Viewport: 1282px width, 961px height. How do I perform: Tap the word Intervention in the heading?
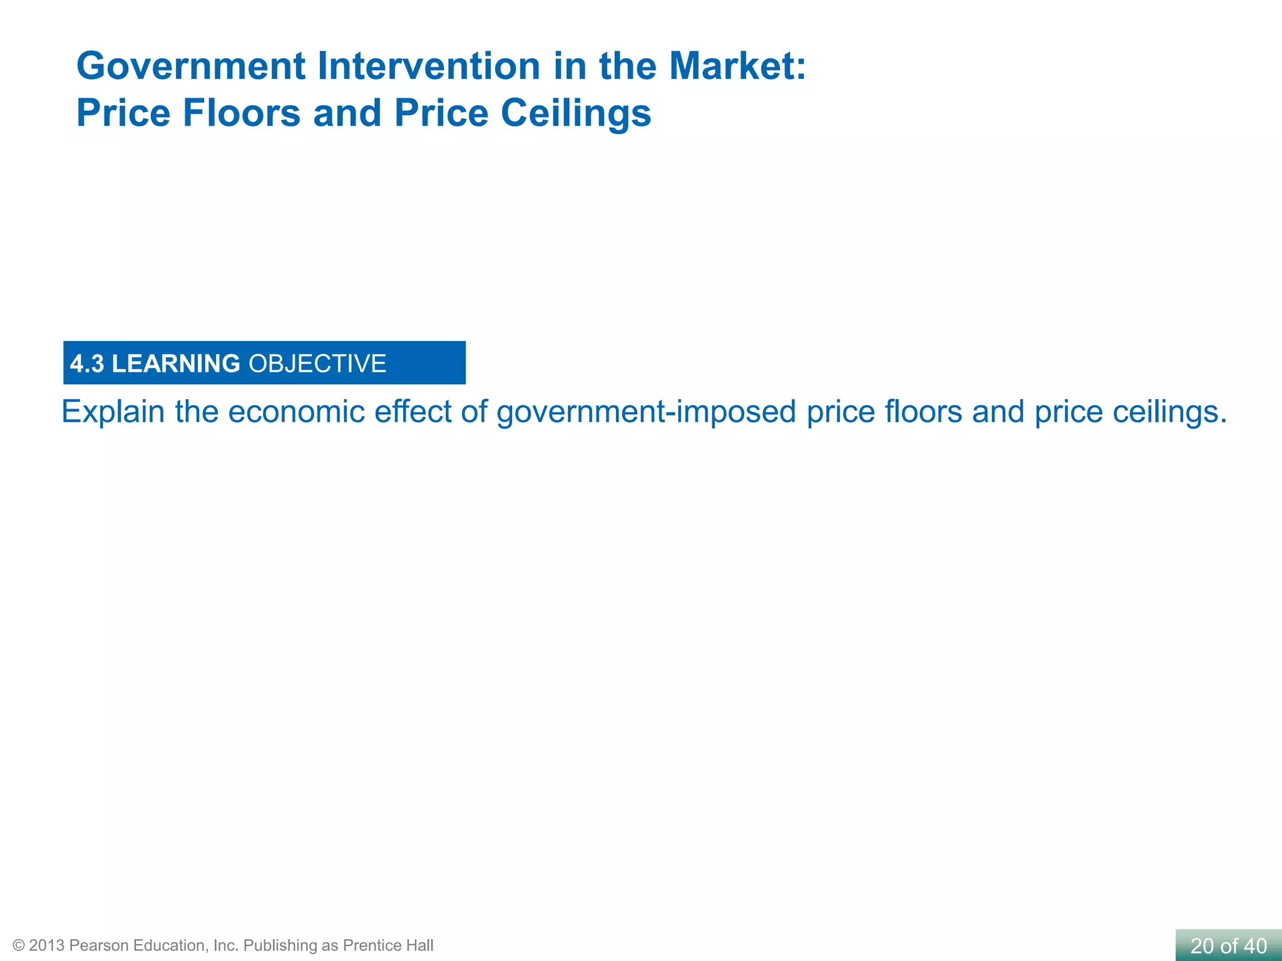coord(428,66)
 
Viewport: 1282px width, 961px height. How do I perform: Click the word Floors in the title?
coord(241,113)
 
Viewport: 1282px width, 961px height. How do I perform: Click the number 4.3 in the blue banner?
coord(87,364)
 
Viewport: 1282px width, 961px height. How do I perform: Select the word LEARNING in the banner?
coord(176,364)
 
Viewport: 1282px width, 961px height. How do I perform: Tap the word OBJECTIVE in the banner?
coord(317,364)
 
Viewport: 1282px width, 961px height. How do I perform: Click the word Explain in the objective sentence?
coord(113,412)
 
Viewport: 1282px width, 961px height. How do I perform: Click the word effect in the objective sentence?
coord(413,412)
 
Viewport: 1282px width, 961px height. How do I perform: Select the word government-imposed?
coord(646,412)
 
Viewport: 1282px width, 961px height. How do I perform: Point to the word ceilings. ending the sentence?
coord(1169,412)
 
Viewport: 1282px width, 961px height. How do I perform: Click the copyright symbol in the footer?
coord(18,945)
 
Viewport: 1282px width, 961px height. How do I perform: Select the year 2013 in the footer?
coord(46,945)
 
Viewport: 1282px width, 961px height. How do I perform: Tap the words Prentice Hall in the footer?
coord(388,945)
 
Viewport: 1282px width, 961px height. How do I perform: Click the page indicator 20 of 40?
coord(1228,946)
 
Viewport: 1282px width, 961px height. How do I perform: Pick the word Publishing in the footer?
coord(280,945)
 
